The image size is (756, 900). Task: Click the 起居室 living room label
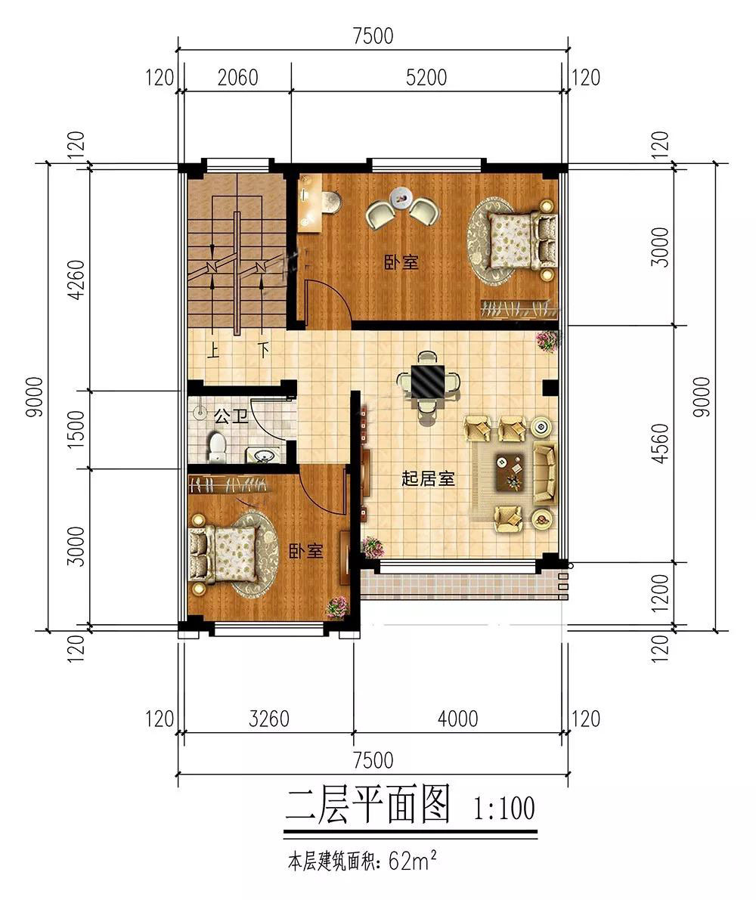point(428,478)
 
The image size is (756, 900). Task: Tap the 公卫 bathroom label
point(231,416)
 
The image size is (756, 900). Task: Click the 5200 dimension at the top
point(426,77)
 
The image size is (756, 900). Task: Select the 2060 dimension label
point(237,77)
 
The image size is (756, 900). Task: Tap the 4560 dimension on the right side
point(660,444)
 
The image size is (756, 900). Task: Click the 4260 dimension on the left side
point(76,280)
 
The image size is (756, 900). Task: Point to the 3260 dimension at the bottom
point(268,718)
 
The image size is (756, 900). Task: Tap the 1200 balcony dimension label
point(660,595)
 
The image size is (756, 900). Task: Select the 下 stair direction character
point(262,350)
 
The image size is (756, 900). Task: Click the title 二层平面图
point(368,806)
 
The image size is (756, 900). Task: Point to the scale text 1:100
point(504,809)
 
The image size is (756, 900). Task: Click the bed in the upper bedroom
point(514,239)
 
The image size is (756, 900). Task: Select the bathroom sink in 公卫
point(264,455)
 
